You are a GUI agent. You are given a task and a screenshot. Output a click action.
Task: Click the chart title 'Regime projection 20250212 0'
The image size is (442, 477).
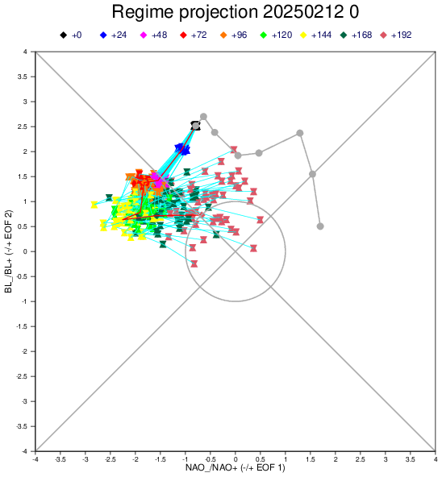pyautogui.click(x=236, y=12)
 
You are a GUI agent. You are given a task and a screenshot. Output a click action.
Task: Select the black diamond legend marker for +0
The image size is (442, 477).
pyautogui.click(x=64, y=35)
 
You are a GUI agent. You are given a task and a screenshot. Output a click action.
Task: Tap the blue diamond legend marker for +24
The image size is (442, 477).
pyautogui.click(x=103, y=35)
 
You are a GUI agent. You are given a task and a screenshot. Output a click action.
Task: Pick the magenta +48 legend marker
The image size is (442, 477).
pyautogui.click(x=144, y=35)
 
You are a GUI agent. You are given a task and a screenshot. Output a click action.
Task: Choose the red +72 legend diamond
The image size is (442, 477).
pyautogui.click(x=183, y=35)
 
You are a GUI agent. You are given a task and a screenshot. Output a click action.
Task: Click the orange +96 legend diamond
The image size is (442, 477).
pyautogui.click(x=223, y=35)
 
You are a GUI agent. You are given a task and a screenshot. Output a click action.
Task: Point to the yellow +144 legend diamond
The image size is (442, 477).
pyautogui.click(x=303, y=35)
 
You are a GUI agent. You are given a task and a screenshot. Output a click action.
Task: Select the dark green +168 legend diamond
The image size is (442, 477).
pyautogui.click(x=344, y=35)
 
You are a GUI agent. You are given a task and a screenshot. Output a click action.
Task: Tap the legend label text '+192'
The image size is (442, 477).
pyautogui.click(x=401, y=35)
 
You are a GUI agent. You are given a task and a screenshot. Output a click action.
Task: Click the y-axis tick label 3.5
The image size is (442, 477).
pyautogui.click(x=23, y=77)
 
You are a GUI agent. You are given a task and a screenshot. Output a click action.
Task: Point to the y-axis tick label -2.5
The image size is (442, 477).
pyautogui.click(x=21, y=376)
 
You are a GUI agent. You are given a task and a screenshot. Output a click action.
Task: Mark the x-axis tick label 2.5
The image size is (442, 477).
pyautogui.click(x=361, y=459)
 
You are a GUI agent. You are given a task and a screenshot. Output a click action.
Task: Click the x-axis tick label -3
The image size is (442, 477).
pyautogui.click(x=85, y=459)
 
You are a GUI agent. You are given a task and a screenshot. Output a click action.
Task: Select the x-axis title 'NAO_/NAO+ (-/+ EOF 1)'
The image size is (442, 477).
pyautogui.click(x=236, y=467)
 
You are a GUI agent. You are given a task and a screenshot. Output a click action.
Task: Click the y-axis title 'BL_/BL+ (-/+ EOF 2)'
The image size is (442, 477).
pyautogui.click(x=9, y=251)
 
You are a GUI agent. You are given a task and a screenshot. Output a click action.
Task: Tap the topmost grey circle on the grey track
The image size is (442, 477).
pyautogui.click(x=203, y=117)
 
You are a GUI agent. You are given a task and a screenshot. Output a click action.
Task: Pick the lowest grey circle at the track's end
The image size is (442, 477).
pyautogui.click(x=320, y=226)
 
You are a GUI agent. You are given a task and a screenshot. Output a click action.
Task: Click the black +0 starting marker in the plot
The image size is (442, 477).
pyautogui.click(x=195, y=126)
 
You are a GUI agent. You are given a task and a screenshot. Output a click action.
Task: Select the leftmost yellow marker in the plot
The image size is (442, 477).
pyautogui.click(x=94, y=205)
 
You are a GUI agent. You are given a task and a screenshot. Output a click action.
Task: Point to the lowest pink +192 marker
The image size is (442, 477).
pyautogui.click(x=194, y=263)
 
